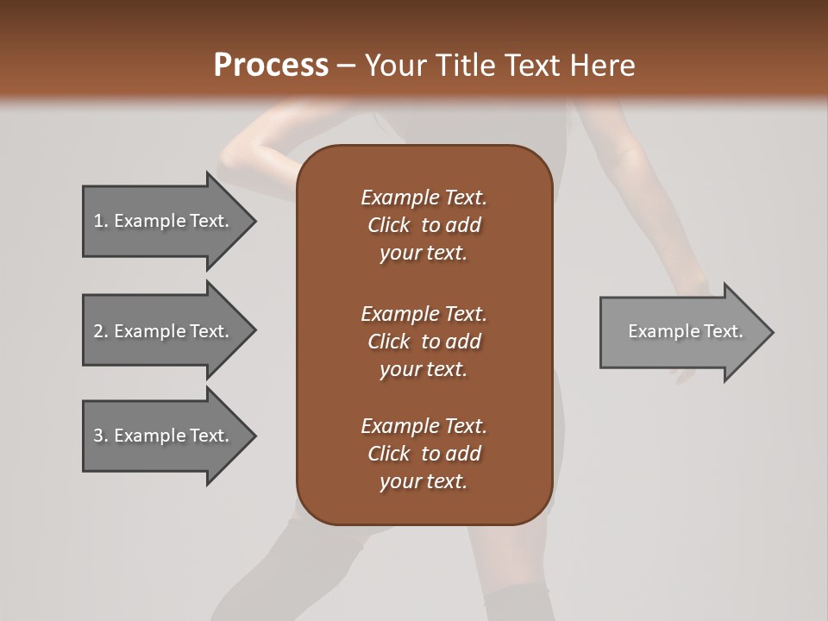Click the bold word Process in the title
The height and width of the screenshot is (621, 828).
click(270, 66)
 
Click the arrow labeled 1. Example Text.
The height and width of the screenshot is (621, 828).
click(160, 221)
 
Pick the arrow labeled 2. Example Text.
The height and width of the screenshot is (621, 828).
click(160, 331)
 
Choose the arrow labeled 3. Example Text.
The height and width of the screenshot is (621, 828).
click(160, 436)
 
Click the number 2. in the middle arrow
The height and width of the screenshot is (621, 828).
click(101, 331)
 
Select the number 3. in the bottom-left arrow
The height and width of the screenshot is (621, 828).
click(101, 436)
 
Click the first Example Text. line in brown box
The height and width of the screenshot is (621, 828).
click(423, 198)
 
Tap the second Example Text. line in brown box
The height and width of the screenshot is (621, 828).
click(423, 313)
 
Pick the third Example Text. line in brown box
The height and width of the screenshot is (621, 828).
click(423, 426)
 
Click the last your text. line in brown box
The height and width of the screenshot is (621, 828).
click(423, 481)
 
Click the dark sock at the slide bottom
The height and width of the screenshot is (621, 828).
click(516, 604)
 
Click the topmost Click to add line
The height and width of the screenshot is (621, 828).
click(423, 225)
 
